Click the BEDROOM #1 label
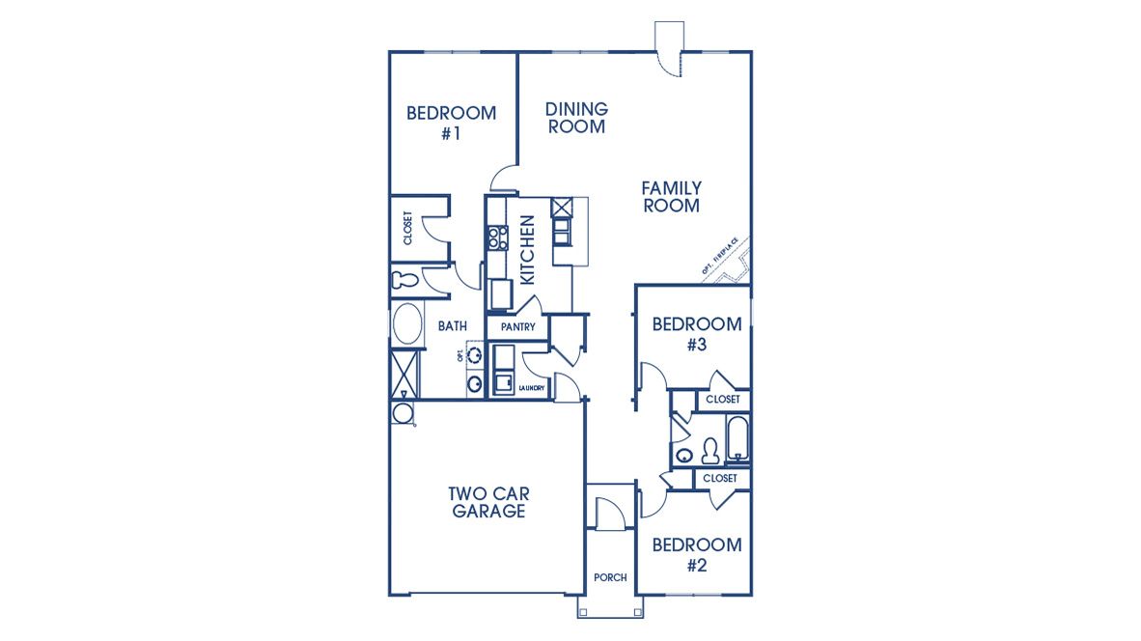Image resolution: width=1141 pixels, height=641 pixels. tap(451, 123)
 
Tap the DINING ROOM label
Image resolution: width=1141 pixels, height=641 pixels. tap(576, 118)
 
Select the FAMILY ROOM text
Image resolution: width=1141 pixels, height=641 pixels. tap(671, 196)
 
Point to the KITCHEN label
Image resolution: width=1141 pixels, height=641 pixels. tap(527, 249)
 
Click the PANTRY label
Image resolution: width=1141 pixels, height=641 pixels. tap(517, 327)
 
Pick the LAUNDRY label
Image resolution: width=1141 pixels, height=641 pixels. tap(532, 388)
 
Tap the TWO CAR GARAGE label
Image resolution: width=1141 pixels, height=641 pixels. tap(488, 502)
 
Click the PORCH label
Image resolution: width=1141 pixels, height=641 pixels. tap(610, 577)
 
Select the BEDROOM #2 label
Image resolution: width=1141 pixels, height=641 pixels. tap(697, 554)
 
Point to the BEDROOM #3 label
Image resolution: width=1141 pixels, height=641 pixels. tap(697, 333)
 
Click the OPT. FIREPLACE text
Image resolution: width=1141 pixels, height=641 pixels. tap(720, 257)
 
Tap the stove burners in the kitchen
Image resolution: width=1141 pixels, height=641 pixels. tap(497, 237)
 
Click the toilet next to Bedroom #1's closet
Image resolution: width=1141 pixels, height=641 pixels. tap(404, 281)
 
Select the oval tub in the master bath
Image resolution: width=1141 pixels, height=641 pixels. tap(406, 324)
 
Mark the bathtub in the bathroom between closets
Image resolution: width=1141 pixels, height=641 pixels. tap(737, 440)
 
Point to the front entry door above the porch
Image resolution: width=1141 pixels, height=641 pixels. tap(610, 514)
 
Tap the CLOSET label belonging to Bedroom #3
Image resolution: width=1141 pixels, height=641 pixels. tap(722, 399)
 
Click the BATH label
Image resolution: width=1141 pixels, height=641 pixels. tap(453, 326)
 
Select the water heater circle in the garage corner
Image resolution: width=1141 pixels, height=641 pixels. tap(402, 413)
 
